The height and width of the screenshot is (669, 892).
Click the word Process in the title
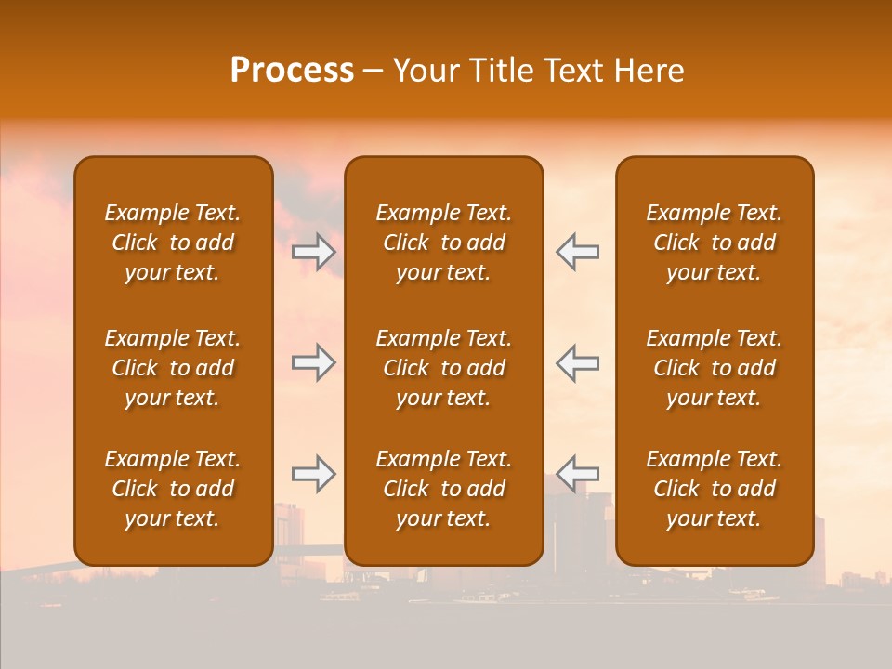(x=292, y=71)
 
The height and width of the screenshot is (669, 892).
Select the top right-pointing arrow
(x=314, y=251)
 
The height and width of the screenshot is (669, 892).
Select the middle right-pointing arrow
(x=314, y=362)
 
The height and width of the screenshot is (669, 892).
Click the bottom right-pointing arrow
(x=314, y=474)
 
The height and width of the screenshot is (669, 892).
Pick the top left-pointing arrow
(x=577, y=251)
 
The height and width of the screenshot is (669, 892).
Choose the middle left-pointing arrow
(x=577, y=362)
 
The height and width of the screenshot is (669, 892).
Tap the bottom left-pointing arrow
(x=577, y=474)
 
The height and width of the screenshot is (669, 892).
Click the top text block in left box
(x=173, y=243)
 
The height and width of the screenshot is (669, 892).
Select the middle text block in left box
(x=173, y=368)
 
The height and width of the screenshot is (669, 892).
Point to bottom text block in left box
(x=173, y=489)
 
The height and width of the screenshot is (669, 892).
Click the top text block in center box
(x=443, y=243)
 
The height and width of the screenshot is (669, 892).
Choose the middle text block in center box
(x=443, y=368)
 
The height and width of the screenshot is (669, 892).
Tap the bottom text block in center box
(x=443, y=489)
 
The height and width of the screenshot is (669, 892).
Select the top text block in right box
(x=714, y=243)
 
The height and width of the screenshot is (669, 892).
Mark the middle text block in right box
(x=714, y=368)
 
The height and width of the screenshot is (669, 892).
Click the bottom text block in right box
(x=714, y=489)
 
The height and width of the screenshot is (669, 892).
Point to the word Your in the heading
(x=424, y=71)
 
